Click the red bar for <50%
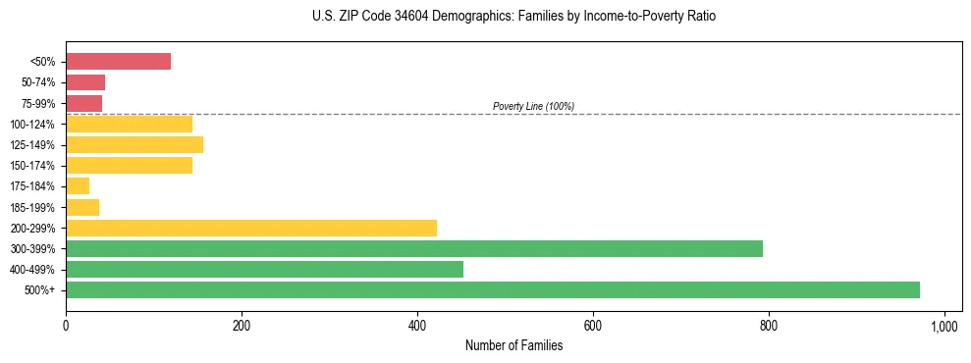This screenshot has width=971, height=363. [x=118, y=62]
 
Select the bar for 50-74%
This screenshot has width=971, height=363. [x=85, y=82]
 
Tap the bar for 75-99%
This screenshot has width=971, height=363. [x=83, y=103]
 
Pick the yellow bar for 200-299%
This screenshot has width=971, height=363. [x=251, y=228]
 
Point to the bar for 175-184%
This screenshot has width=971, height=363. [x=78, y=186]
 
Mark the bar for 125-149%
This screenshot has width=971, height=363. [x=135, y=145]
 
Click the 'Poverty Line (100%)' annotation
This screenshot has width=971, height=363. [x=533, y=106]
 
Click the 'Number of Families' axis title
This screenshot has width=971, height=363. [x=514, y=345]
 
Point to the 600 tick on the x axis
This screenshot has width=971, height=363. [x=593, y=326]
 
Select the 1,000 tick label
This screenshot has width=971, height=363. [x=944, y=326]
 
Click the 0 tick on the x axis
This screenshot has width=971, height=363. [x=66, y=326]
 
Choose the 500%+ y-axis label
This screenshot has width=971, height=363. [x=40, y=290]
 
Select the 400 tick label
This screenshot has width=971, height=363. [x=417, y=326]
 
